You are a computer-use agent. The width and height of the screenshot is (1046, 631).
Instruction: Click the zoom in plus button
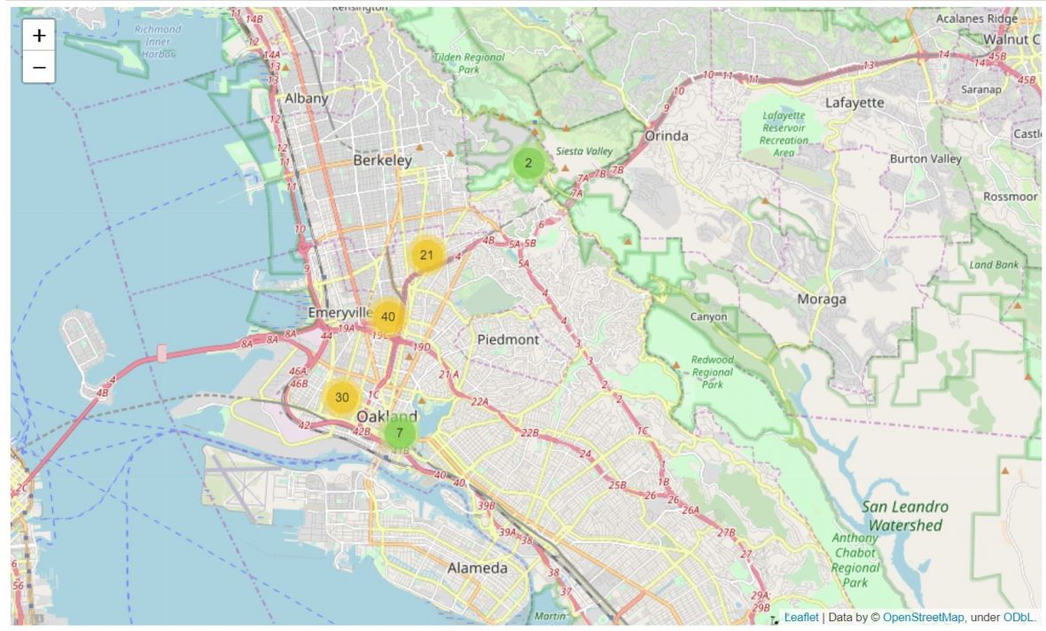click(39, 35)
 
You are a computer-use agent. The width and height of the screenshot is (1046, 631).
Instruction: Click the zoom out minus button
click(39, 67)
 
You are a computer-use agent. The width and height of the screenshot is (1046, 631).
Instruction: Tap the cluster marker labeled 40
click(387, 317)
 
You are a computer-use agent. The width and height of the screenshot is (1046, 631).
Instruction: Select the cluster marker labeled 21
click(426, 255)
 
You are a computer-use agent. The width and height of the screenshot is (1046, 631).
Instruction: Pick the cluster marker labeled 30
click(341, 397)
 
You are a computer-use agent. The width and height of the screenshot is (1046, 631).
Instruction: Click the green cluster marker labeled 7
click(400, 433)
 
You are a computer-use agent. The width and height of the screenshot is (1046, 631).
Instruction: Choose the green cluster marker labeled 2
click(528, 163)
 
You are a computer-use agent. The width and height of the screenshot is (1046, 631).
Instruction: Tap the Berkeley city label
click(382, 160)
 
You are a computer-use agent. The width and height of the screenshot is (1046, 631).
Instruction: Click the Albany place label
click(306, 98)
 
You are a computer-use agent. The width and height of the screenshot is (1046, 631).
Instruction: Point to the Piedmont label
click(508, 339)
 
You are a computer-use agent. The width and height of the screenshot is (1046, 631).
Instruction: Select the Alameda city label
click(477, 567)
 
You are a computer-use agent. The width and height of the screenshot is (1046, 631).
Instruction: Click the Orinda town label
click(667, 136)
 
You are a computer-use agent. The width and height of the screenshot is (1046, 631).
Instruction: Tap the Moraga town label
click(821, 299)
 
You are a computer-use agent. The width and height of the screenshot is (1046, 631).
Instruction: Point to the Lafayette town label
click(855, 102)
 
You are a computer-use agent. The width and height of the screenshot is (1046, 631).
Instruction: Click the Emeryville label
click(340, 313)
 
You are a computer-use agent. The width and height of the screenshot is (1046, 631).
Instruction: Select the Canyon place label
click(708, 316)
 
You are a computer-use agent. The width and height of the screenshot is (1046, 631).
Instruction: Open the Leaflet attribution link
click(801, 617)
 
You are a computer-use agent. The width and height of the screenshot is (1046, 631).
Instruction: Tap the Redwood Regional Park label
click(713, 372)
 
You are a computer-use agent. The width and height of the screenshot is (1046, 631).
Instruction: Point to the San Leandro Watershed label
click(905, 516)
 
